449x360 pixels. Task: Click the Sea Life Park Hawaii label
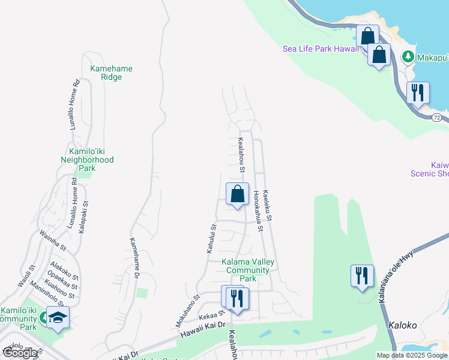(321, 49)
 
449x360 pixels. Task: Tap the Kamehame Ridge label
(111, 73)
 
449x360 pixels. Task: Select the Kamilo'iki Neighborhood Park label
(87, 156)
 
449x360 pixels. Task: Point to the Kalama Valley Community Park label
(248, 270)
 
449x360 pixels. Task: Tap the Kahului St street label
(211, 238)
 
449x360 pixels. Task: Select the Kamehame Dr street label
(134, 258)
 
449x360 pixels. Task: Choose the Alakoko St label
(65, 271)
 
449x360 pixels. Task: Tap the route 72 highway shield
(437, 118)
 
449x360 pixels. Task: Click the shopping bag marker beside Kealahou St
(238, 194)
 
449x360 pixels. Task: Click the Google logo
(20, 353)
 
